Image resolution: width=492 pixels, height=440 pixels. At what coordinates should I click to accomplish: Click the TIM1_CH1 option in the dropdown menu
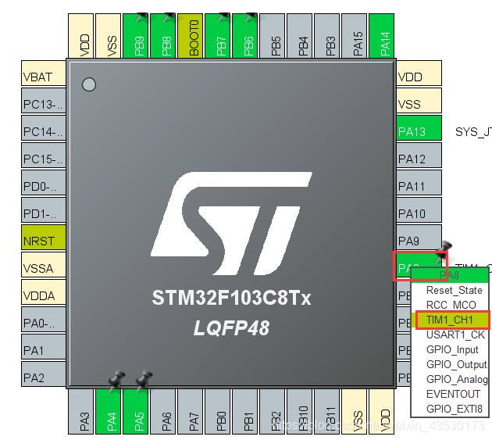[x=451, y=320]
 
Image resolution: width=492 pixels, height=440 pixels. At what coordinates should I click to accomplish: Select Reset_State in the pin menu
[x=454, y=290]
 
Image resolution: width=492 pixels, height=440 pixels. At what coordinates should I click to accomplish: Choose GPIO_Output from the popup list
[x=456, y=364]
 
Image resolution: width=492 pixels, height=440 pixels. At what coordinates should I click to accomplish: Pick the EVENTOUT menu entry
[x=453, y=394]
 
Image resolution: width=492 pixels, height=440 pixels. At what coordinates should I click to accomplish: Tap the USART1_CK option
[x=455, y=334]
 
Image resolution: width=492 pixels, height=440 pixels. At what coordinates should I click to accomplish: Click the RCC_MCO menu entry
[x=451, y=305]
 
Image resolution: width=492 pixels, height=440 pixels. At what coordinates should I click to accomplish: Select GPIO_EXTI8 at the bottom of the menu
[x=454, y=409]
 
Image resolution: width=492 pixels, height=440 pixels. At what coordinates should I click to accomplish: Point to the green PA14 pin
[x=384, y=36]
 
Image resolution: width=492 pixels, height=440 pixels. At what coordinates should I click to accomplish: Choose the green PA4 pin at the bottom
[x=112, y=410]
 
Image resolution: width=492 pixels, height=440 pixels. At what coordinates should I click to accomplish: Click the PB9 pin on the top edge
[x=140, y=36]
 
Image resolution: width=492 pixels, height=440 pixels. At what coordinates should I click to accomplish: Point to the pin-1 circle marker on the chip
[x=89, y=84]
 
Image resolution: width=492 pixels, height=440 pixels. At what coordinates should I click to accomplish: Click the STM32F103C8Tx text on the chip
[x=231, y=298]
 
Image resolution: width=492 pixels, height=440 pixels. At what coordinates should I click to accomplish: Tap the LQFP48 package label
[x=231, y=328]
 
